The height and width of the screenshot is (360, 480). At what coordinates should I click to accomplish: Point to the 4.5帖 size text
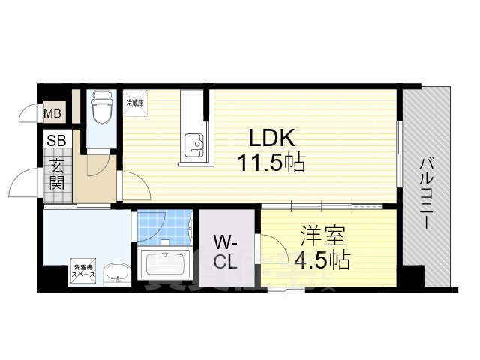(323, 261)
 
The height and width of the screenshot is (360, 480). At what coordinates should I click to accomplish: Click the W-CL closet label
(226, 253)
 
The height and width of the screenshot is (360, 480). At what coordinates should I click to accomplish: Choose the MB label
(52, 114)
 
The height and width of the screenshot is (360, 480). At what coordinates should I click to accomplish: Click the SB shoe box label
(56, 140)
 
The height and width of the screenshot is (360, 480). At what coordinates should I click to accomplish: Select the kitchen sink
(194, 143)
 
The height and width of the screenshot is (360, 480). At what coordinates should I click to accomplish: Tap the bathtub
(166, 265)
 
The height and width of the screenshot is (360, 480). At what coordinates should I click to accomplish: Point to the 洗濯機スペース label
(83, 270)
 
